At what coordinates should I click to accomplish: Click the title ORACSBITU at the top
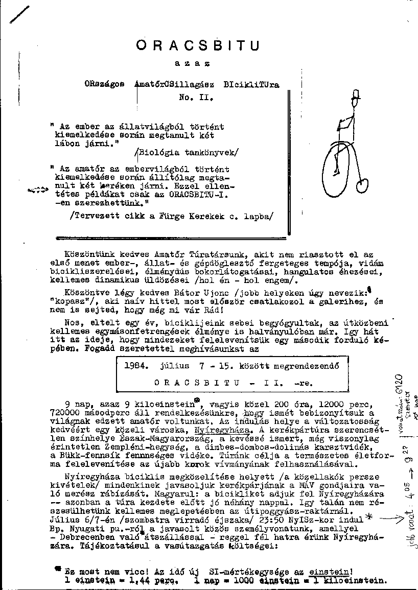198,45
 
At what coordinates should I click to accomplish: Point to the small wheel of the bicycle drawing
363,184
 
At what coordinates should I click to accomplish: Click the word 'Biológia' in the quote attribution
159,152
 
